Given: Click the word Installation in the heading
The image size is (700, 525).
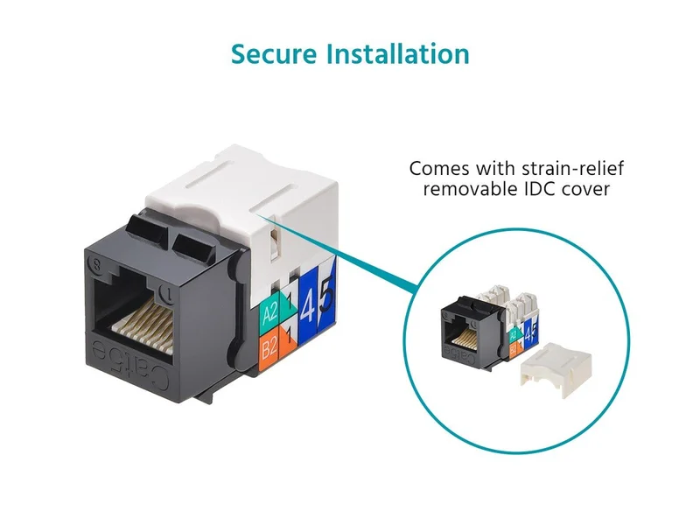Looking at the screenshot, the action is pyautogui.click(x=398, y=54).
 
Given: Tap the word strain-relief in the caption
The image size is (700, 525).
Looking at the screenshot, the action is pyautogui.click(x=573, y=169).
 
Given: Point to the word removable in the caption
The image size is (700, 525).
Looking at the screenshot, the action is pyautogui.click(x=470, y=189).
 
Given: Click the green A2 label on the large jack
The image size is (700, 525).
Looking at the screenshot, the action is pyautogui.click(x=269, y=313).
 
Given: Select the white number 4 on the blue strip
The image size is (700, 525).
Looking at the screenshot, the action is pyautogui.click(x=308, y=307).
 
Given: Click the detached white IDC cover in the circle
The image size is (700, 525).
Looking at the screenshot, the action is pyautogui.click(x=556, y=368).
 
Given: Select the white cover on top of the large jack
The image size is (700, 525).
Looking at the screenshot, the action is pyautogui.click(x=241, y=196).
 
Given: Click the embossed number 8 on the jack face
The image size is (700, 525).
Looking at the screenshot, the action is pyautogui.click(x=96, y=264).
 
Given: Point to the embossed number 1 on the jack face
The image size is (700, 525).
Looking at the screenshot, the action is pyautogui.click(x=167, y=293).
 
